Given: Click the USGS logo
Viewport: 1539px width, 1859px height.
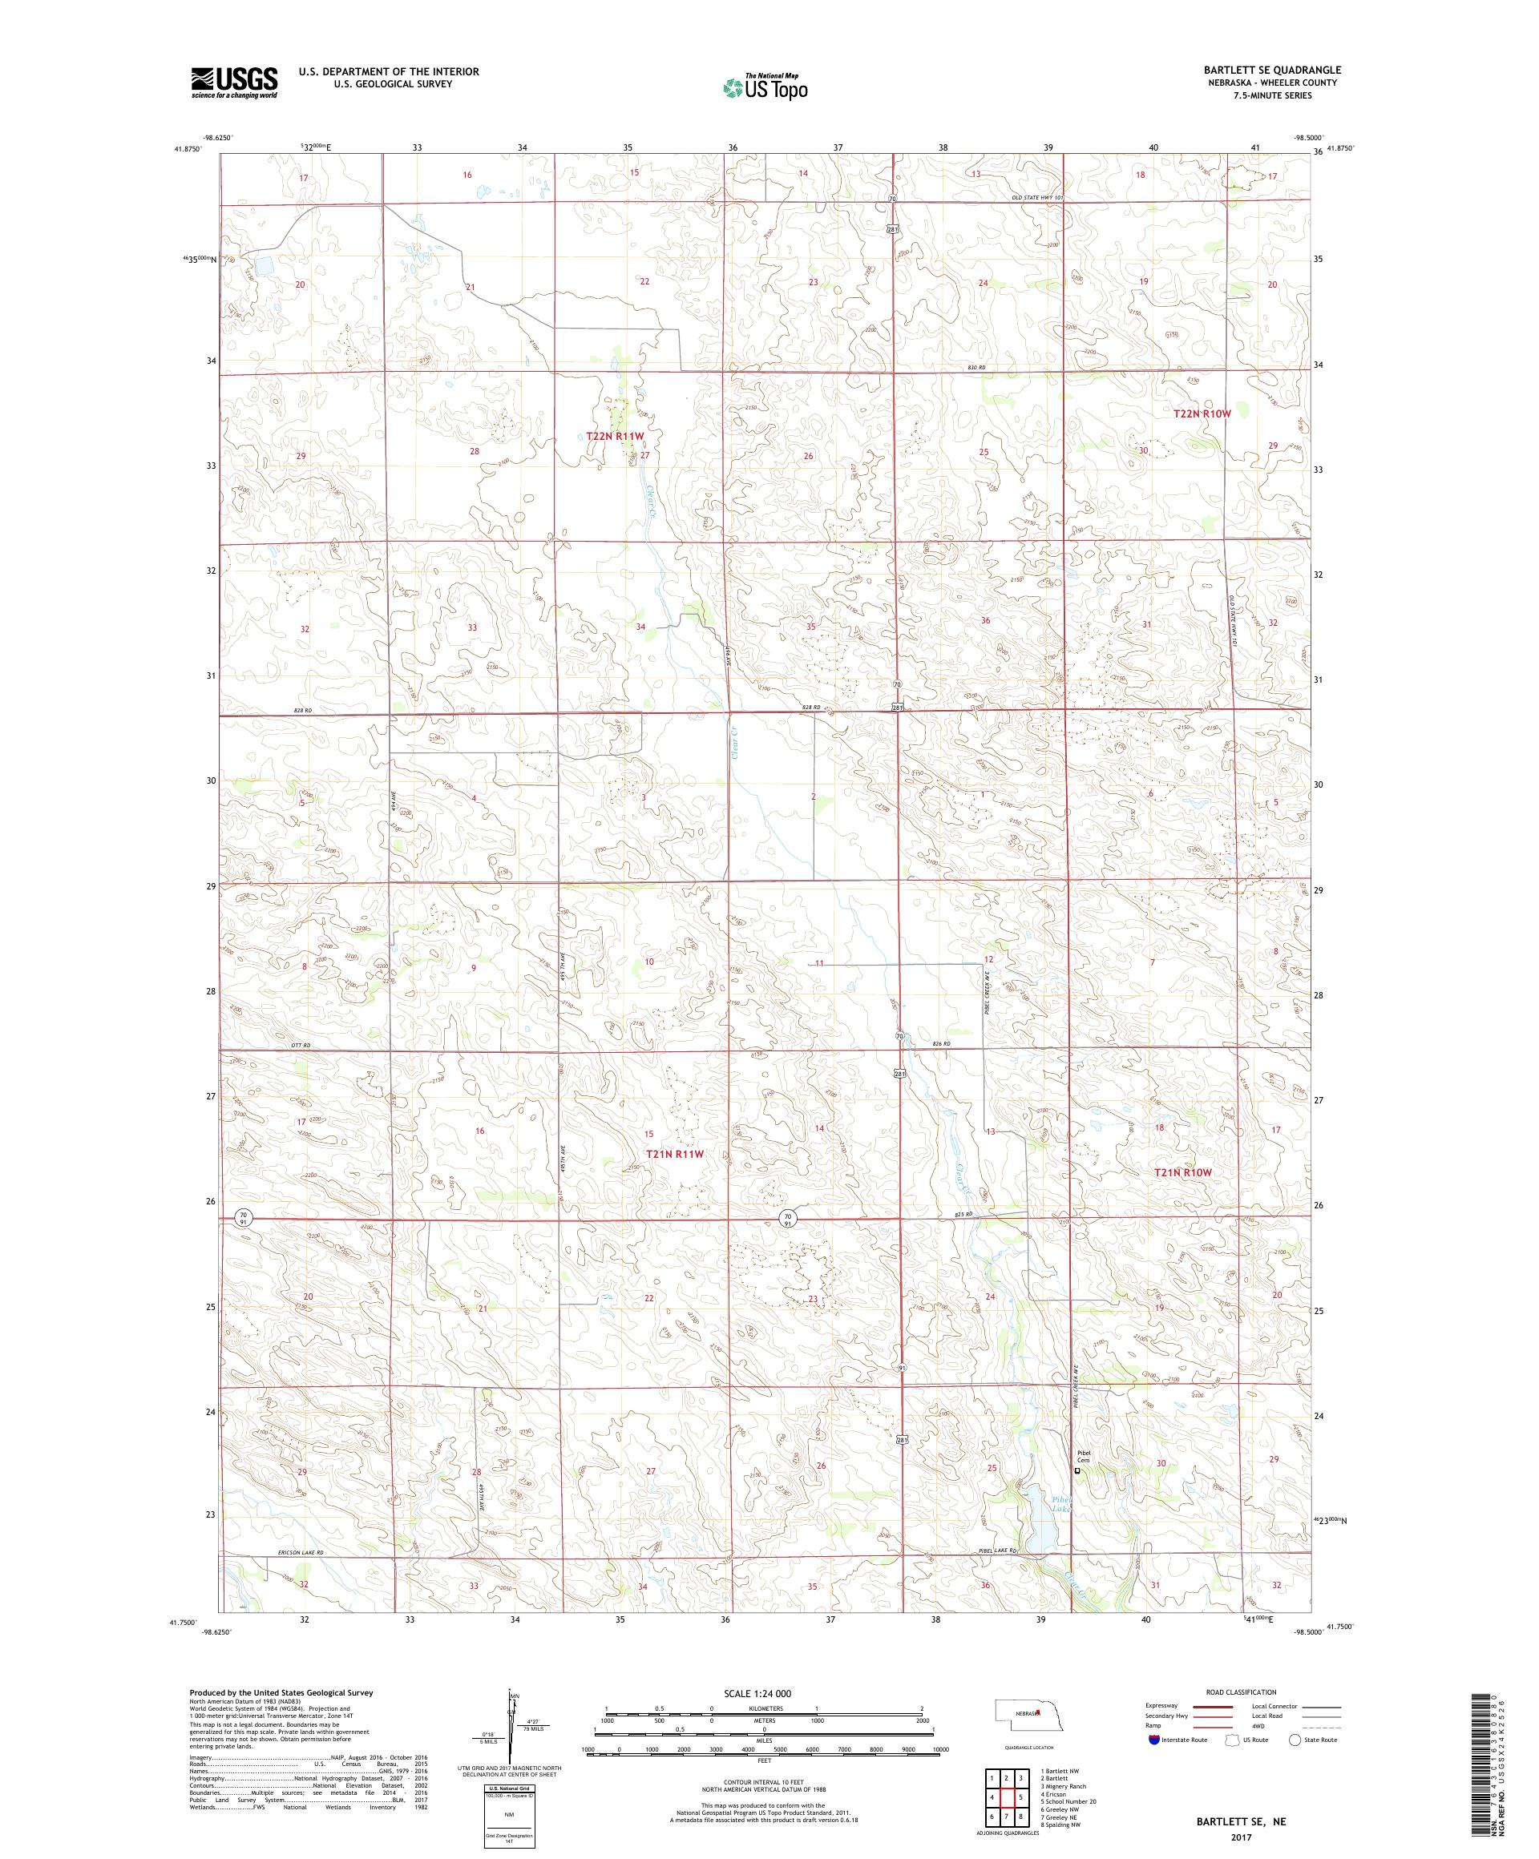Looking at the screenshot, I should coord(234,82).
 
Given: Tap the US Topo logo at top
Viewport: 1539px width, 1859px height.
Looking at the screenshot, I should coord(766,87).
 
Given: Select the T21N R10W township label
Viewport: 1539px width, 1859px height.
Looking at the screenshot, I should coord(1182,1172).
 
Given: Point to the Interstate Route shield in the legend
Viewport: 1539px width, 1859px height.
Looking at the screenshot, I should coord(1152,1764).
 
